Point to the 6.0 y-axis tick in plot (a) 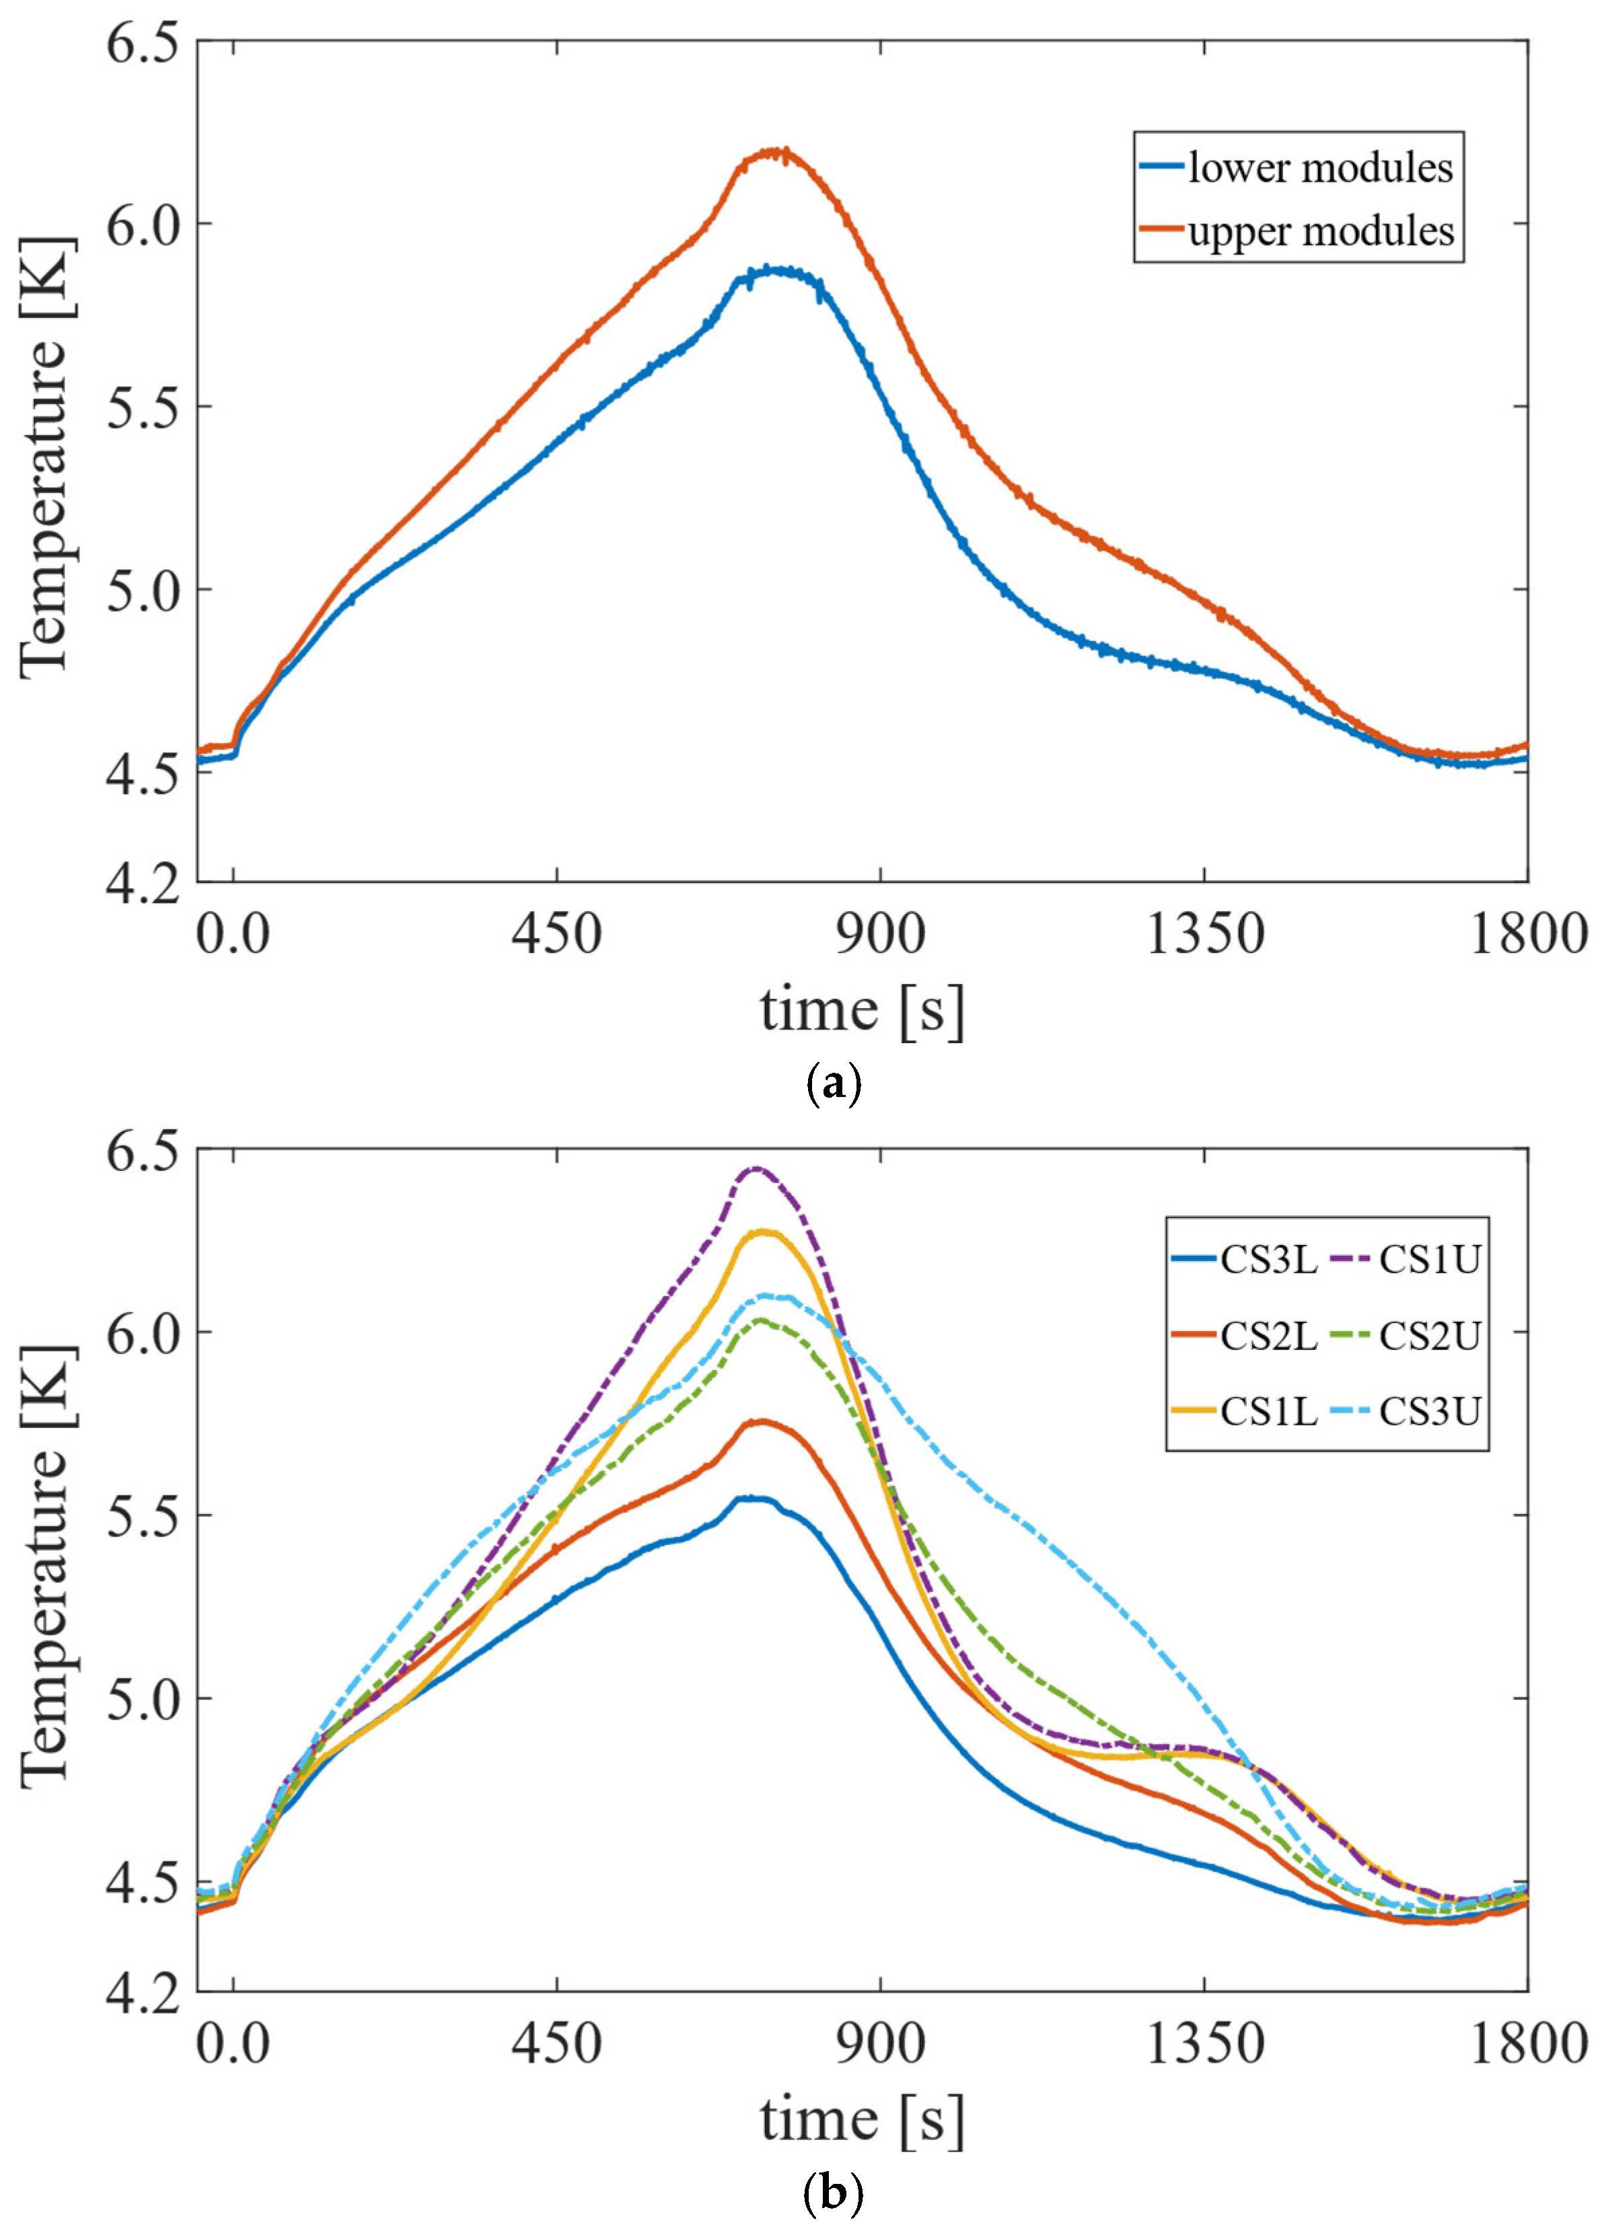tap(145, 223)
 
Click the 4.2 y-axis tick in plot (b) tap(145, 1963)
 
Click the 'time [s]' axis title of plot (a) tap(862, 1009)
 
